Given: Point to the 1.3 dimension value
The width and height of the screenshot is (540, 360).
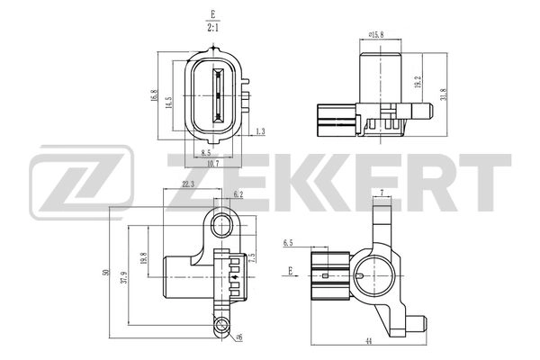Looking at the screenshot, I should (259, 131).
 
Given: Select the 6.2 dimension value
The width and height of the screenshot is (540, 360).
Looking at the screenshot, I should (238, 193).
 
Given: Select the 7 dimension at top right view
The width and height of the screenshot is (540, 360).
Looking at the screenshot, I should (382, 193).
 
